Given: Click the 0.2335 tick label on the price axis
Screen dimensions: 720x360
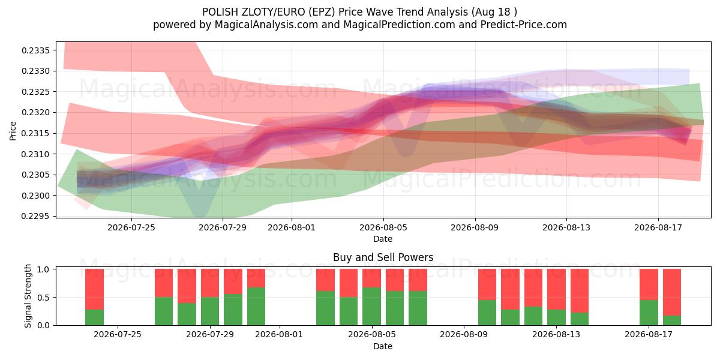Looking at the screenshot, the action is [35, 50].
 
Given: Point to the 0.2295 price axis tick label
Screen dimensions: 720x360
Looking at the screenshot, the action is [35, 217].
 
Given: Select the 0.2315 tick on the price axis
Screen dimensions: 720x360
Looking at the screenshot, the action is [35, 133].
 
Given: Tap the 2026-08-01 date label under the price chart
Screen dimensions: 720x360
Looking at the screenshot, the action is [292, 227].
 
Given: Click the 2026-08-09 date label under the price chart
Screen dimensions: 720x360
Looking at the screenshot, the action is [475, 227].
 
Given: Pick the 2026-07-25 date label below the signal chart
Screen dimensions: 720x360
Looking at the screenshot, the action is [118, 335].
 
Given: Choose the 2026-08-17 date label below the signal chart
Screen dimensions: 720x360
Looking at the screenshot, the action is [649, 335].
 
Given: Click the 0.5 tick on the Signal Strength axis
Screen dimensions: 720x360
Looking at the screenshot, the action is [43, 298].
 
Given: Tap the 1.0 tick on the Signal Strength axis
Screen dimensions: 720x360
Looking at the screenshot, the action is [43, 269].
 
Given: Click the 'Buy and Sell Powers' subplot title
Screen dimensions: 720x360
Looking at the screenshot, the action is [383, 257].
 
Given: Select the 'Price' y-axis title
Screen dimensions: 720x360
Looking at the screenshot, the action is [13, 131].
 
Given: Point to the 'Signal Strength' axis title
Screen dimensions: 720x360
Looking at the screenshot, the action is [28, 296].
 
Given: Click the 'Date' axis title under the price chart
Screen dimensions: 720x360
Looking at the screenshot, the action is [383, 239].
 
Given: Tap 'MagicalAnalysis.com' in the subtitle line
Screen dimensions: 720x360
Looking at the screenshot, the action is [266, 25].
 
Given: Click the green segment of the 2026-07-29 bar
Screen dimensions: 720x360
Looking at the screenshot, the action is [210, 311].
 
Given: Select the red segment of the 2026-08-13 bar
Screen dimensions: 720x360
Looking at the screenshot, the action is [556, 289].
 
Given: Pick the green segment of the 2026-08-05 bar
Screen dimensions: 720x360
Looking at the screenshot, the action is [371, 307].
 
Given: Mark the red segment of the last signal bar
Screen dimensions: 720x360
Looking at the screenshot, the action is [672, 292].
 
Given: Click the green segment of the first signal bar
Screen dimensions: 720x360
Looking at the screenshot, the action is [95, 317].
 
